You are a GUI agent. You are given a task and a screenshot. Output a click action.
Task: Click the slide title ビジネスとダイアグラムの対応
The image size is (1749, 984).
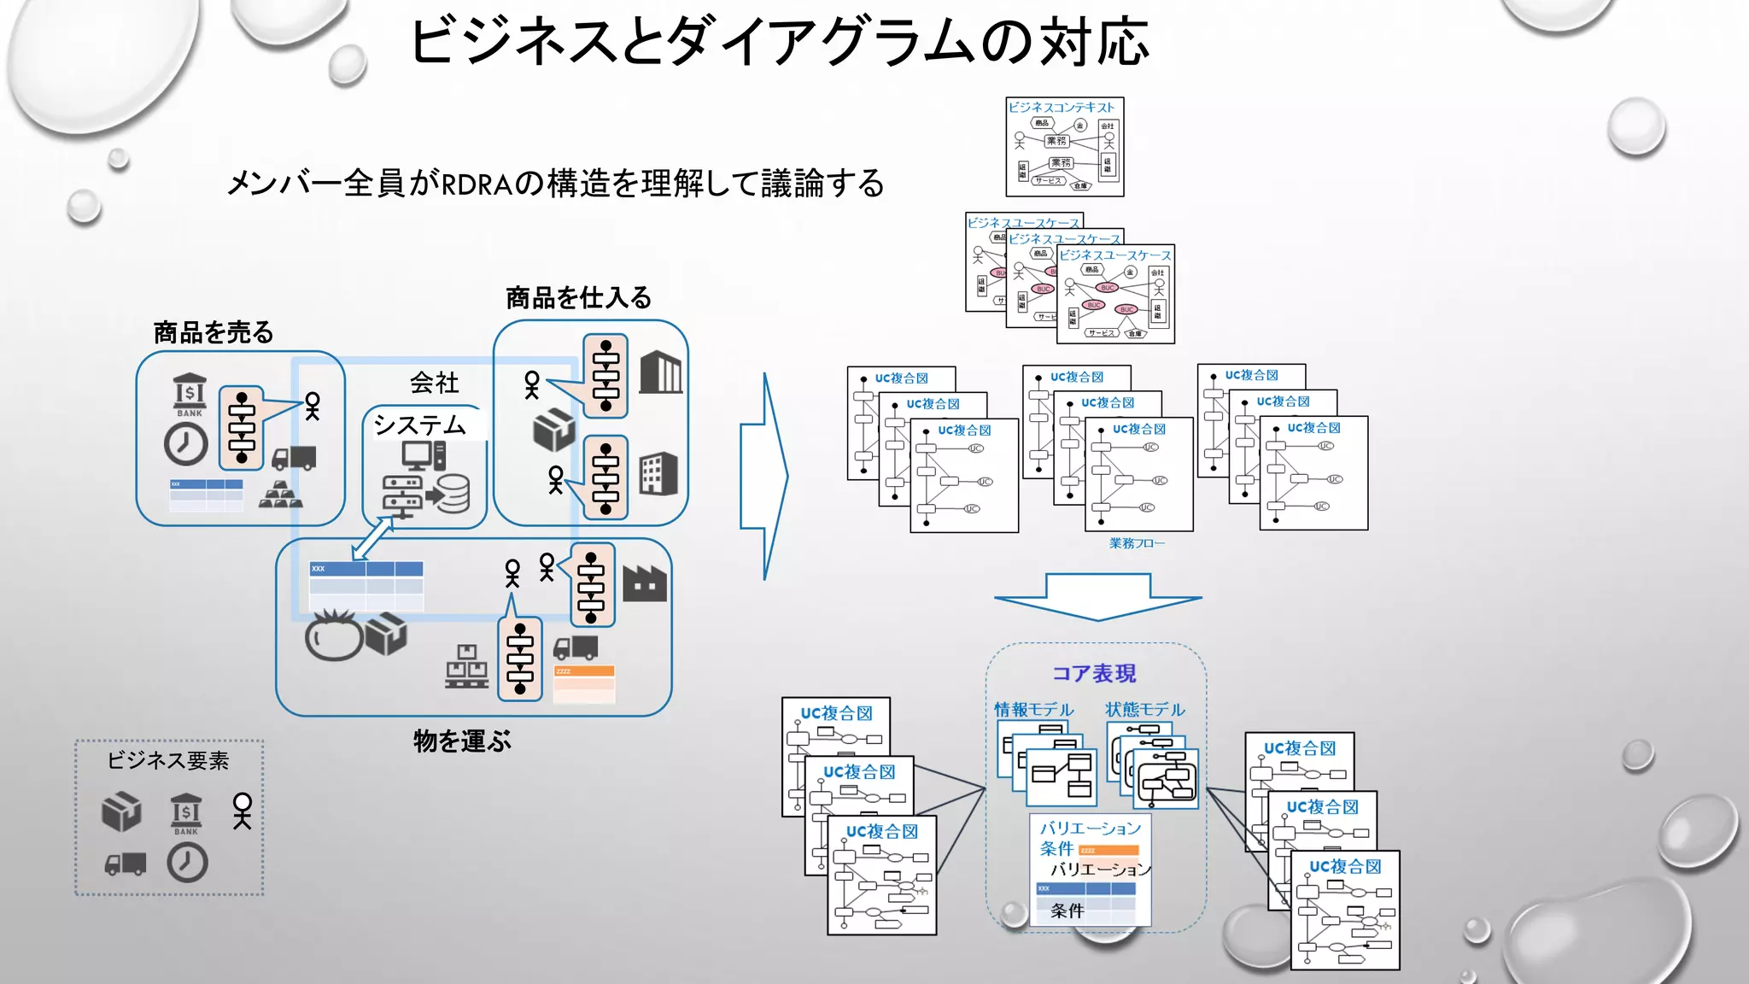pyautogui.click(x=779, y=41)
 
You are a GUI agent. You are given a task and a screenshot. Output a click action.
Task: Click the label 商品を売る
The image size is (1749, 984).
pyautogui.click(x=214, y=332)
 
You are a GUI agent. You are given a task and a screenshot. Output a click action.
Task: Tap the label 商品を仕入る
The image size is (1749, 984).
pyautogui.click(x=578, y=297)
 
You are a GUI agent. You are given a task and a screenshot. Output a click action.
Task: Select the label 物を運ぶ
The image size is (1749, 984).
pyautogui.click(x=462, y=741)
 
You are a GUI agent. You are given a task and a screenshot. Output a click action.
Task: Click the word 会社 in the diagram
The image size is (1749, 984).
pyautogui.click(x=434, y=382)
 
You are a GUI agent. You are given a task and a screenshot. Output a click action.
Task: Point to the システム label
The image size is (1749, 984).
pyautogui.click(x=419, y=425)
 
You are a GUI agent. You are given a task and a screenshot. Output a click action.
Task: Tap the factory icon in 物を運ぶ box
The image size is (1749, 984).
pyautogui.click(x=644, y=584)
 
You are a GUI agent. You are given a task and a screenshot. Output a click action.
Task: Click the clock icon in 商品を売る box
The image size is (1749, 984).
pyautogui.click(x=185, y=444)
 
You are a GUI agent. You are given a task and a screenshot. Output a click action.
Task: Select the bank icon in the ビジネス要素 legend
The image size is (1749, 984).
pyautogui.click(x=185, y=813)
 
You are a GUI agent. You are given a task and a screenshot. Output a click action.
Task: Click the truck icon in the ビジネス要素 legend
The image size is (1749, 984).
pyautogui.click(x=126, y=864)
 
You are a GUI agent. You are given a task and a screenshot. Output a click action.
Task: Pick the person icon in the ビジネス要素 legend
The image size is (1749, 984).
pyautogui.click(x=243, y=811)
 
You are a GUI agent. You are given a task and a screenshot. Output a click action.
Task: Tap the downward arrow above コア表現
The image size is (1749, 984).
pyautogui.click(x=1098, y=596)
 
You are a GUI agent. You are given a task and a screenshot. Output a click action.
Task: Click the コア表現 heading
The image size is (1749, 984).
pyautogui.click(x=1094, y=673)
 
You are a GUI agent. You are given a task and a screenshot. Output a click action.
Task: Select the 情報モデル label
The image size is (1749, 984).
pyautogui.click(x=1033, y=709)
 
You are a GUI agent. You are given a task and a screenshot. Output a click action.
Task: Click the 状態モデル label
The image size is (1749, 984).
pyautogui.click(x=1144, y=709)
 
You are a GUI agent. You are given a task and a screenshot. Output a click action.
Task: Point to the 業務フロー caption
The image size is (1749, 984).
pyautogui.click(x=1137, y=543)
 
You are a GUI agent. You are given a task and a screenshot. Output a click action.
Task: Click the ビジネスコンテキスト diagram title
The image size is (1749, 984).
pyautogui.click(x=1062, y=108)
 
